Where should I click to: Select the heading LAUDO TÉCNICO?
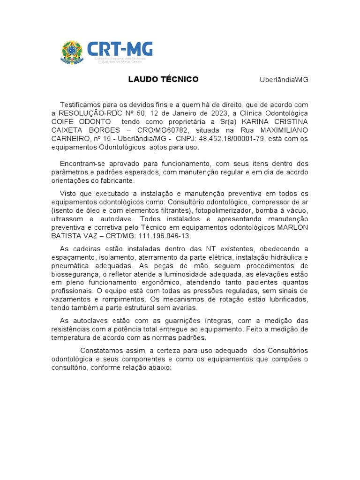163,79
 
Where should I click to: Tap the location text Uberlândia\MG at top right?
284,80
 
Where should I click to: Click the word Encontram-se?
83,164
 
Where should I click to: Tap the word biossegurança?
75,274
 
